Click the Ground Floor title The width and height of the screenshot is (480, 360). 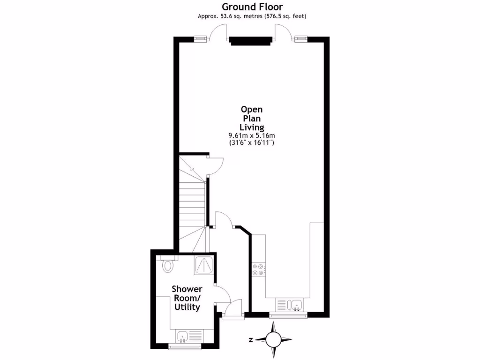(252, 7)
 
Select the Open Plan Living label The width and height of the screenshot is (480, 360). (252, 118)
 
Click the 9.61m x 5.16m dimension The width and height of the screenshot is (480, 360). (252, 135)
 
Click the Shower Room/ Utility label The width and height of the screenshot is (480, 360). (187, 298)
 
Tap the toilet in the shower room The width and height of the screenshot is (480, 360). (167, 265)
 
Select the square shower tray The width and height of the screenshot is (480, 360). (204, 266)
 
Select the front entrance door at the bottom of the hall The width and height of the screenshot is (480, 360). (232, 309)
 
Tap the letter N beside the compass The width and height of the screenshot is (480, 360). (251, 340)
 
